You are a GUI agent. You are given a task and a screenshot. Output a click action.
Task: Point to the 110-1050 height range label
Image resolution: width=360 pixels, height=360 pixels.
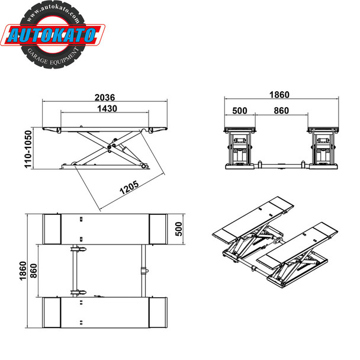pyautogui.click(x=28, y=150)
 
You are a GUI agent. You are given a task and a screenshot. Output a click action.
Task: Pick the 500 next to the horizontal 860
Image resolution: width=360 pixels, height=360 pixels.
pyautogui.click(x=240, y=110)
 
